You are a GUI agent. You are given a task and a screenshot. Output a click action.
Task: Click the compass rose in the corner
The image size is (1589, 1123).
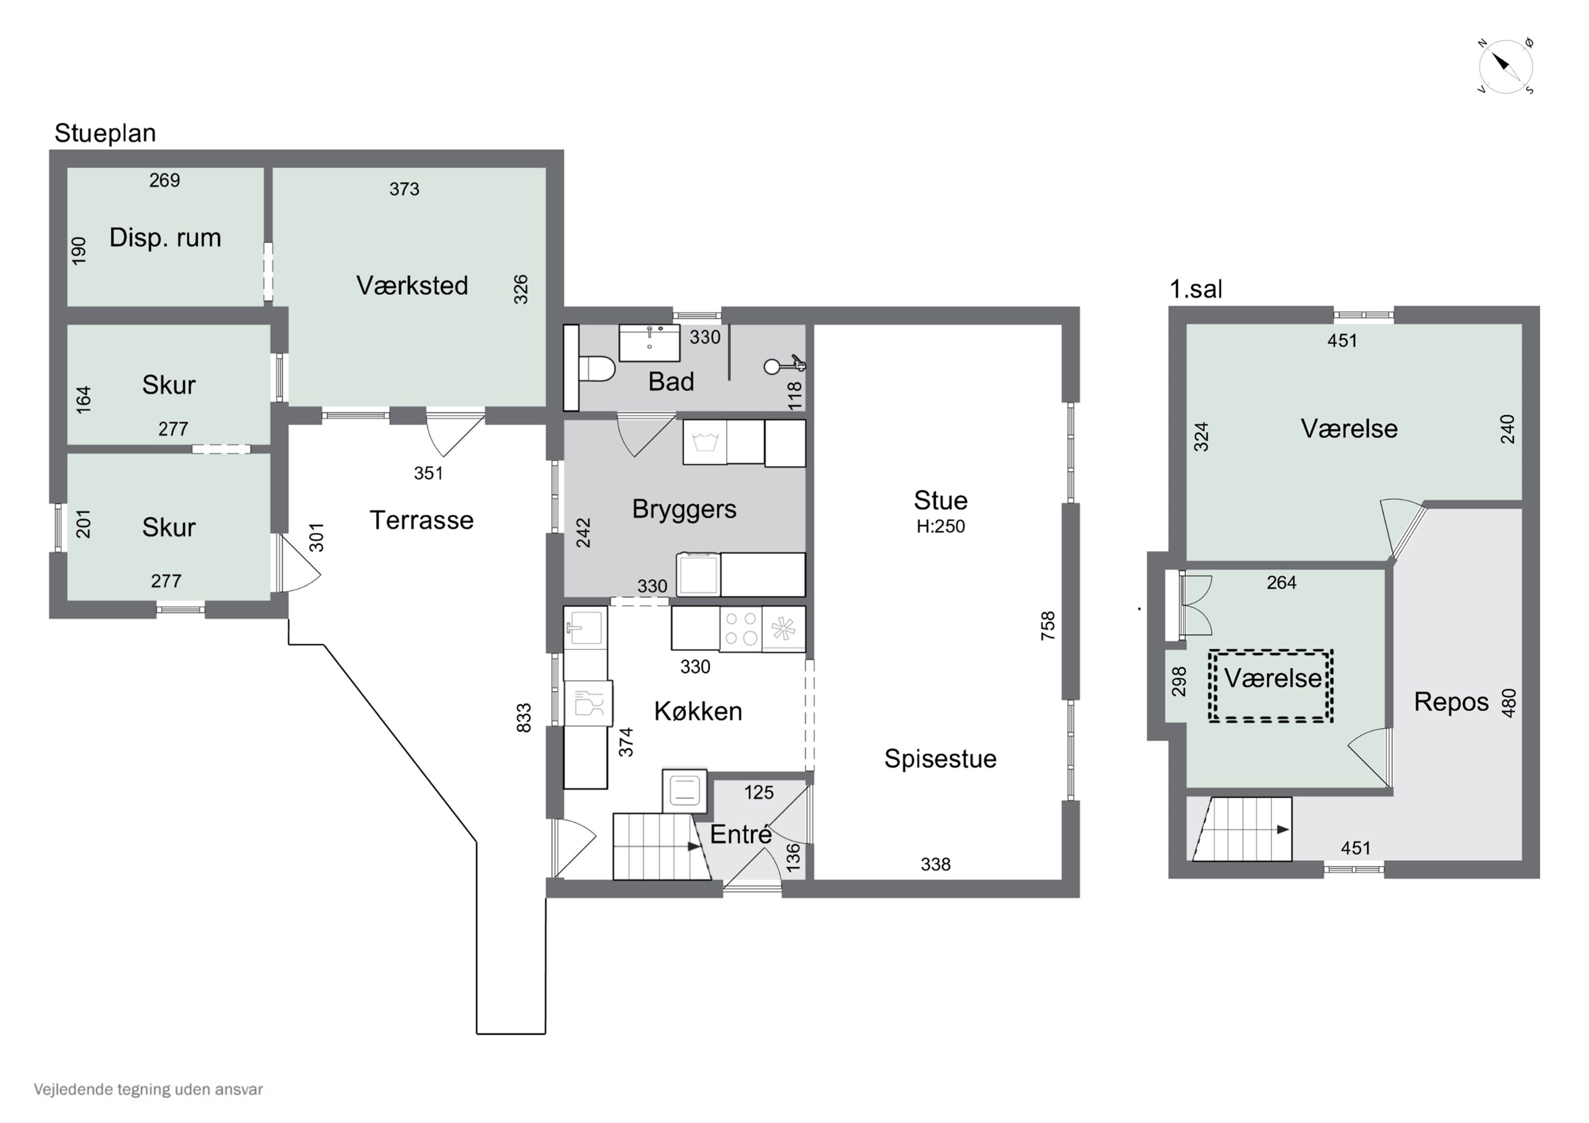pos(1505,66)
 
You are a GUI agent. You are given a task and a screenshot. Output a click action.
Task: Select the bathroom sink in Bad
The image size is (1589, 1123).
pos(649,343)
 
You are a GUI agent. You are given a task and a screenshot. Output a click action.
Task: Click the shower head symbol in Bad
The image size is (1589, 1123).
pos(784,365)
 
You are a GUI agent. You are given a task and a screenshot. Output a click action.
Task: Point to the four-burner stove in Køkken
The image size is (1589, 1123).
pos(740,629)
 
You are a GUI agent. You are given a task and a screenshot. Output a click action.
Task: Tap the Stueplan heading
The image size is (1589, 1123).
pos(105,133)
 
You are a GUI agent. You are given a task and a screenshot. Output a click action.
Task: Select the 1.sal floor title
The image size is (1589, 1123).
pos(1195,289)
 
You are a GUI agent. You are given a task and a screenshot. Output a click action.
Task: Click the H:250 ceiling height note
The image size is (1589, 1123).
pos(941,527)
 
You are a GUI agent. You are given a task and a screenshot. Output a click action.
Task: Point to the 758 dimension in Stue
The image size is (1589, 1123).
pos(1048,625)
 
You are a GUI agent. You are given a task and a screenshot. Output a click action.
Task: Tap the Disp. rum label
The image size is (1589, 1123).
pos(165,238)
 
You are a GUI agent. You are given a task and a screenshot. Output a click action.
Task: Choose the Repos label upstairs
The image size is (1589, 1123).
pos(1451,702)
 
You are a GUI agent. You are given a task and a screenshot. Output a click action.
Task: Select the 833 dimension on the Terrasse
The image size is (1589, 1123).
pos(524,717)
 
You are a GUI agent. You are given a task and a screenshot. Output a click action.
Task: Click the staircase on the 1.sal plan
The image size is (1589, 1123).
pos(1242,829)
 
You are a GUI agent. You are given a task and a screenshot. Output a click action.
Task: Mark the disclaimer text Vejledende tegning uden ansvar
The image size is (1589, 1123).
pos(148,1090)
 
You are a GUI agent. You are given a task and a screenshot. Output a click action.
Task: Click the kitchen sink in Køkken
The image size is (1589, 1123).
pos(585,627)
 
